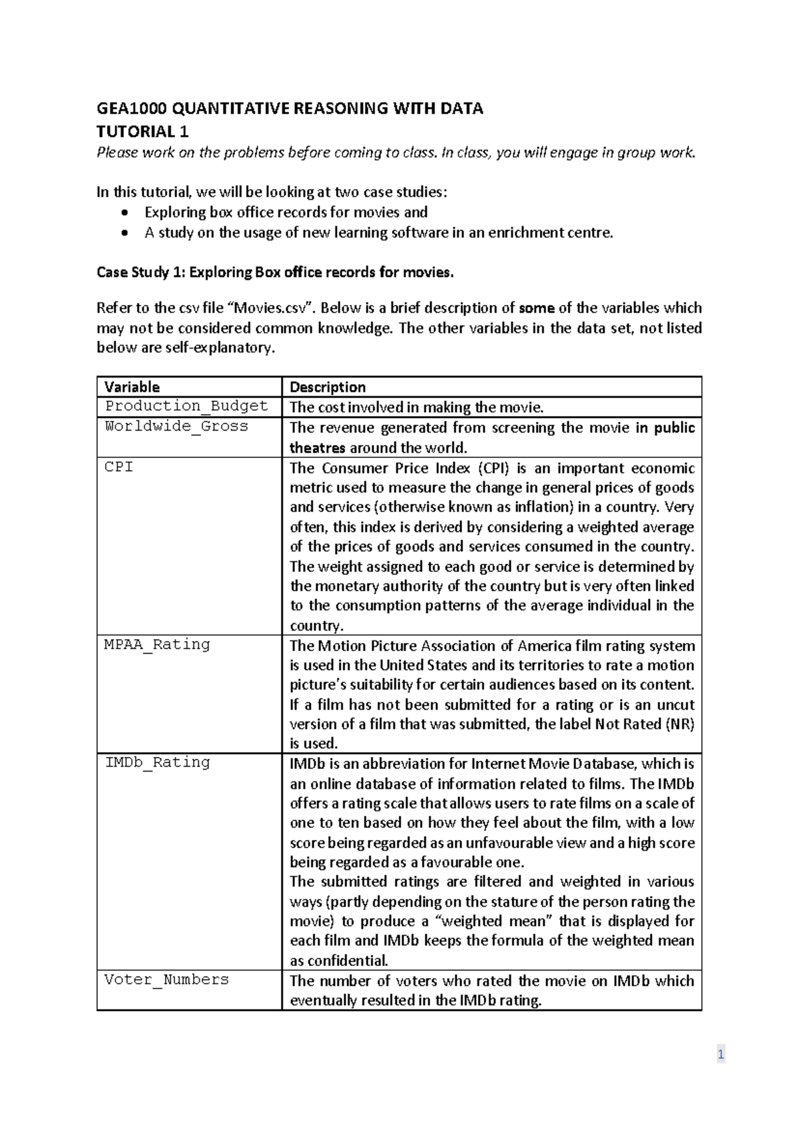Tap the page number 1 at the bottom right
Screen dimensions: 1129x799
[720, 1054]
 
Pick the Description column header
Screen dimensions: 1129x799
[328, 387]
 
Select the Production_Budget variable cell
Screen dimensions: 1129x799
[186, 406]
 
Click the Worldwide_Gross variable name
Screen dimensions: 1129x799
[176, 426]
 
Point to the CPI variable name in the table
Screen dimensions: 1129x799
[119, 467]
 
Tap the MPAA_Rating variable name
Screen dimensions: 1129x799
[157, 644]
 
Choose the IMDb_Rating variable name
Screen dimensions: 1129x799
[157, 762]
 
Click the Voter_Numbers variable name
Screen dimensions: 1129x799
[166, 979]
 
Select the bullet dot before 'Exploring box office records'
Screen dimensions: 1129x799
[125, 213]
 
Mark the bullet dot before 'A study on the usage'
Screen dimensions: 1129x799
[125, 233]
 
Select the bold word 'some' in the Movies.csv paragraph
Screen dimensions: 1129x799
[537, 308]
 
